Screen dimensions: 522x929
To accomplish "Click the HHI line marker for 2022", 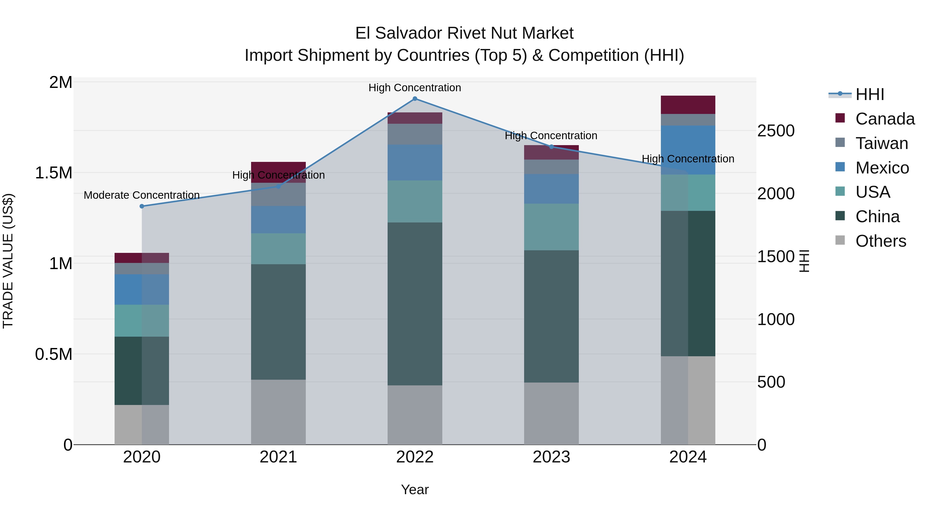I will pos(415,98).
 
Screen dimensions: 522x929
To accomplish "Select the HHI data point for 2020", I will pos(142,206).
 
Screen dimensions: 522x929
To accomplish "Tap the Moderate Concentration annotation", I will pos(142,195).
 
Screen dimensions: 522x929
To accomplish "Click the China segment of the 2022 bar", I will pos(415,303).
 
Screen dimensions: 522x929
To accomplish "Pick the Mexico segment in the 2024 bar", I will pos(688,150).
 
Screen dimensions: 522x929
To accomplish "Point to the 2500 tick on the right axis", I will pos(776,131).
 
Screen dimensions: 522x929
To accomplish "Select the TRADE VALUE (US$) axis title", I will pos(8,261).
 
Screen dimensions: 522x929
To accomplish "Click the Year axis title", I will pos(415,490).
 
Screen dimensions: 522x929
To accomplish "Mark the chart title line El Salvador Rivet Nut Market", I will pos(464,33).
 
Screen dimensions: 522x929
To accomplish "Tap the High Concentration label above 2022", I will pos(415,88).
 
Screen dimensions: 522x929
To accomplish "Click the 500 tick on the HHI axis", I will pos(771,382).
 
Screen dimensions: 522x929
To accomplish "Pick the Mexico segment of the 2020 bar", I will pos(142,289).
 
